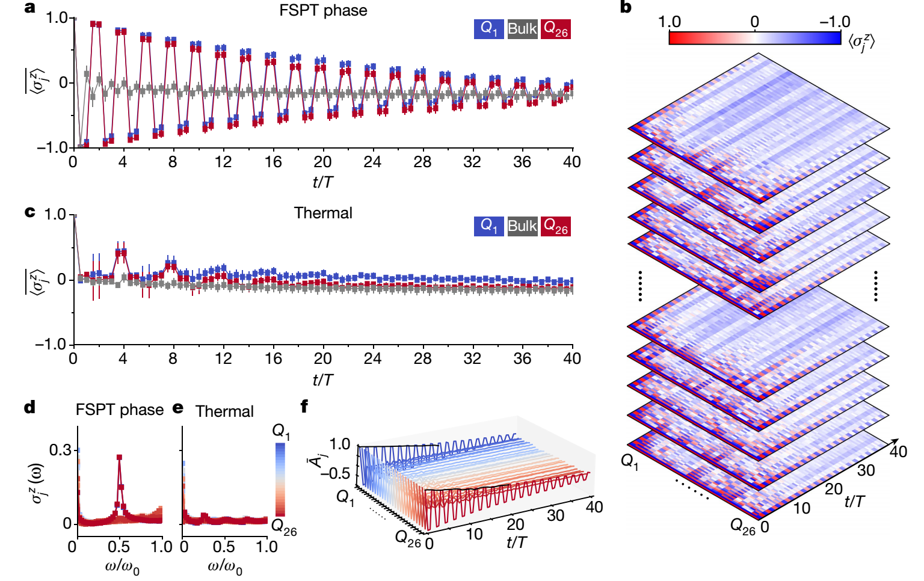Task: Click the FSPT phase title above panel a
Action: (323, 10)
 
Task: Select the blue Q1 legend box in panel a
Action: (488, 28)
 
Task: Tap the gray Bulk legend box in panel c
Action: (522, 226)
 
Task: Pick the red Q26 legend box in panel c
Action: (555, 226)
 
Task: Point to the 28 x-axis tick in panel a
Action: (422, 162)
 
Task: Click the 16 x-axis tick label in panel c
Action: (273, 358)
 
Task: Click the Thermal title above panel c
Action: (323, 213)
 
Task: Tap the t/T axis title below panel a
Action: (323, 182)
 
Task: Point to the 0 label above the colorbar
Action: (754, 22)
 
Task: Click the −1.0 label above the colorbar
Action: (835, 22)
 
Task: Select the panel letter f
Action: (304, 407)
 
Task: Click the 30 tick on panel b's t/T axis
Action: (866, 470)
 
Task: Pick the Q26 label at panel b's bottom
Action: (742, 526)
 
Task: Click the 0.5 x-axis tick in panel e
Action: (224, 547)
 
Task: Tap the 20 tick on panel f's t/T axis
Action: (516, 524)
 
